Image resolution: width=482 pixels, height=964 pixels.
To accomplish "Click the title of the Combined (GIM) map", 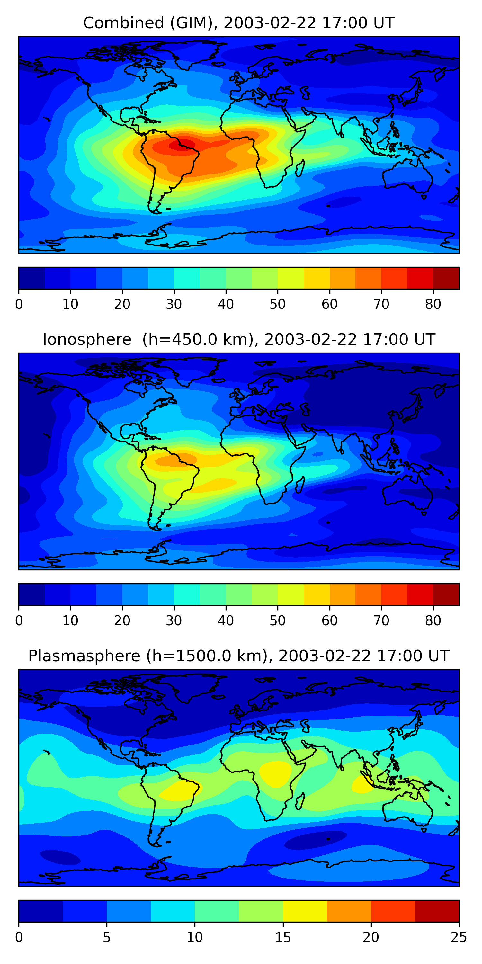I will point(238,23).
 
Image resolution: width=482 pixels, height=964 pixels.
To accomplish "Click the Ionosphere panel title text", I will point(238,339).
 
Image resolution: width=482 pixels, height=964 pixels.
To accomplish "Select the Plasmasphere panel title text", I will point(238,656).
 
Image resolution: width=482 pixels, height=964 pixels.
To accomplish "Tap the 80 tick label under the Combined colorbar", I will point(433,304).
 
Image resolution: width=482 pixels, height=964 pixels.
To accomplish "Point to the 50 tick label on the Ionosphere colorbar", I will point(277,621).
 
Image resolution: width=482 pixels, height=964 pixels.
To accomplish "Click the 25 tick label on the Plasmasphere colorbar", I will point(459,937).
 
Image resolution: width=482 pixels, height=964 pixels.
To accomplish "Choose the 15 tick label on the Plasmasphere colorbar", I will point(283,937).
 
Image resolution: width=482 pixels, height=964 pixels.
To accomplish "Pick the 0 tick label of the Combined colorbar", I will point(19,304).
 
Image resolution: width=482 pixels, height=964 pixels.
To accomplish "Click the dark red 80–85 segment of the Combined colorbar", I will point(446,278).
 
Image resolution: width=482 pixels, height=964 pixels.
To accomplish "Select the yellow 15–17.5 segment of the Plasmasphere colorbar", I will point(305,911).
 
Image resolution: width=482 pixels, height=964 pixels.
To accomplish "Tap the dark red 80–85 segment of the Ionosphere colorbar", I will point(446,595).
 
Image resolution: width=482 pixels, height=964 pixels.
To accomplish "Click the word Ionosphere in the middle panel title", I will point(87,339).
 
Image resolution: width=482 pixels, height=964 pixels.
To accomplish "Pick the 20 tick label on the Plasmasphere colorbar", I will point(371,937).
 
